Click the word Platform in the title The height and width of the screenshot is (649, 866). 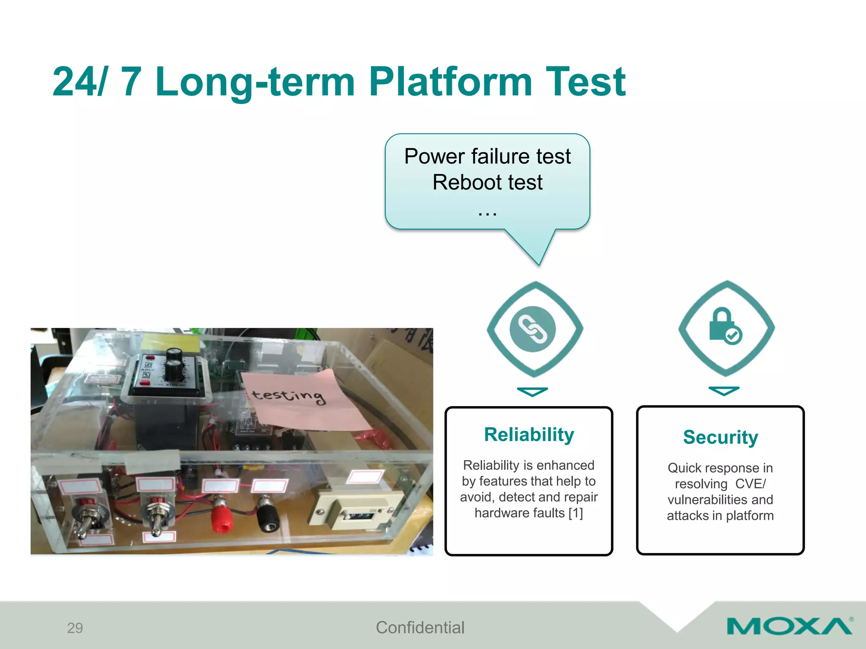click(x=450, y=82)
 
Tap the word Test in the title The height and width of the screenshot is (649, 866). click(x=585, y=82)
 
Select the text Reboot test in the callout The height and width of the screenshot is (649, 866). click(x=487, y=183)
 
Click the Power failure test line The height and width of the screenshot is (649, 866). click(x=487, y=156)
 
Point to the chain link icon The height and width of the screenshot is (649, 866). click(x=533, y=329)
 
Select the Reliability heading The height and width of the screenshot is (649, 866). click(x=529, y=435)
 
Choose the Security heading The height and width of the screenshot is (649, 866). click(x=720, y=437)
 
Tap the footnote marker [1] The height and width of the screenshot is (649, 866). click(x=576, y=513)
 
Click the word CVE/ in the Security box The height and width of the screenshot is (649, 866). click(x=750, y=484)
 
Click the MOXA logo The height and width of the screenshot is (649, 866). click(x=789, y=626)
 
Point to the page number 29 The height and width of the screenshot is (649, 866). click(x=75, y=628)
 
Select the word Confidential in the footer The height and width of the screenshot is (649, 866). click(x=420, y=627)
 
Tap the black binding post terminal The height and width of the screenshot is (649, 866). click(x=268, y=515)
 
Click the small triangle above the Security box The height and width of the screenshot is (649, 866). click(x=723, y=390)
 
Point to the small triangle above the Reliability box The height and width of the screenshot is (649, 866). click(x=532, y=392)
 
